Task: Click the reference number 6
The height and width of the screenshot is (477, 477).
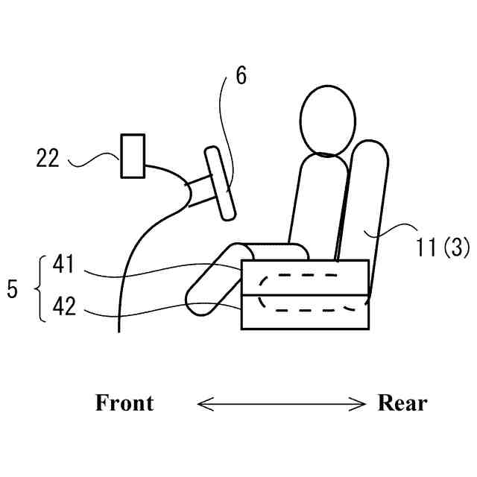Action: [240, 76]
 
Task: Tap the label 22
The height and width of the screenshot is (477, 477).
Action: [48, 158]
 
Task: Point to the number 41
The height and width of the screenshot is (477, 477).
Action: [64, 263]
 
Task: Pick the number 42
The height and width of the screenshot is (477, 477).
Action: [64, 306]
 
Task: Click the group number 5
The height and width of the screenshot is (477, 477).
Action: [12, 288]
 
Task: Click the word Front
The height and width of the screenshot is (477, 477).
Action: [124, 403]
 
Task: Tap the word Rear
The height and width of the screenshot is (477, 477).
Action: [402, 403]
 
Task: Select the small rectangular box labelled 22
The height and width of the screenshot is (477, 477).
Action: [133, 156]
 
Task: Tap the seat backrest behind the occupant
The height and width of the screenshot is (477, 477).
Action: [367, 201]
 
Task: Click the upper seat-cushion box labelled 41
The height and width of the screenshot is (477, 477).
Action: [306, 277]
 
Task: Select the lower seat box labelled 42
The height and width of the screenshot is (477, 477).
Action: [306, 312]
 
